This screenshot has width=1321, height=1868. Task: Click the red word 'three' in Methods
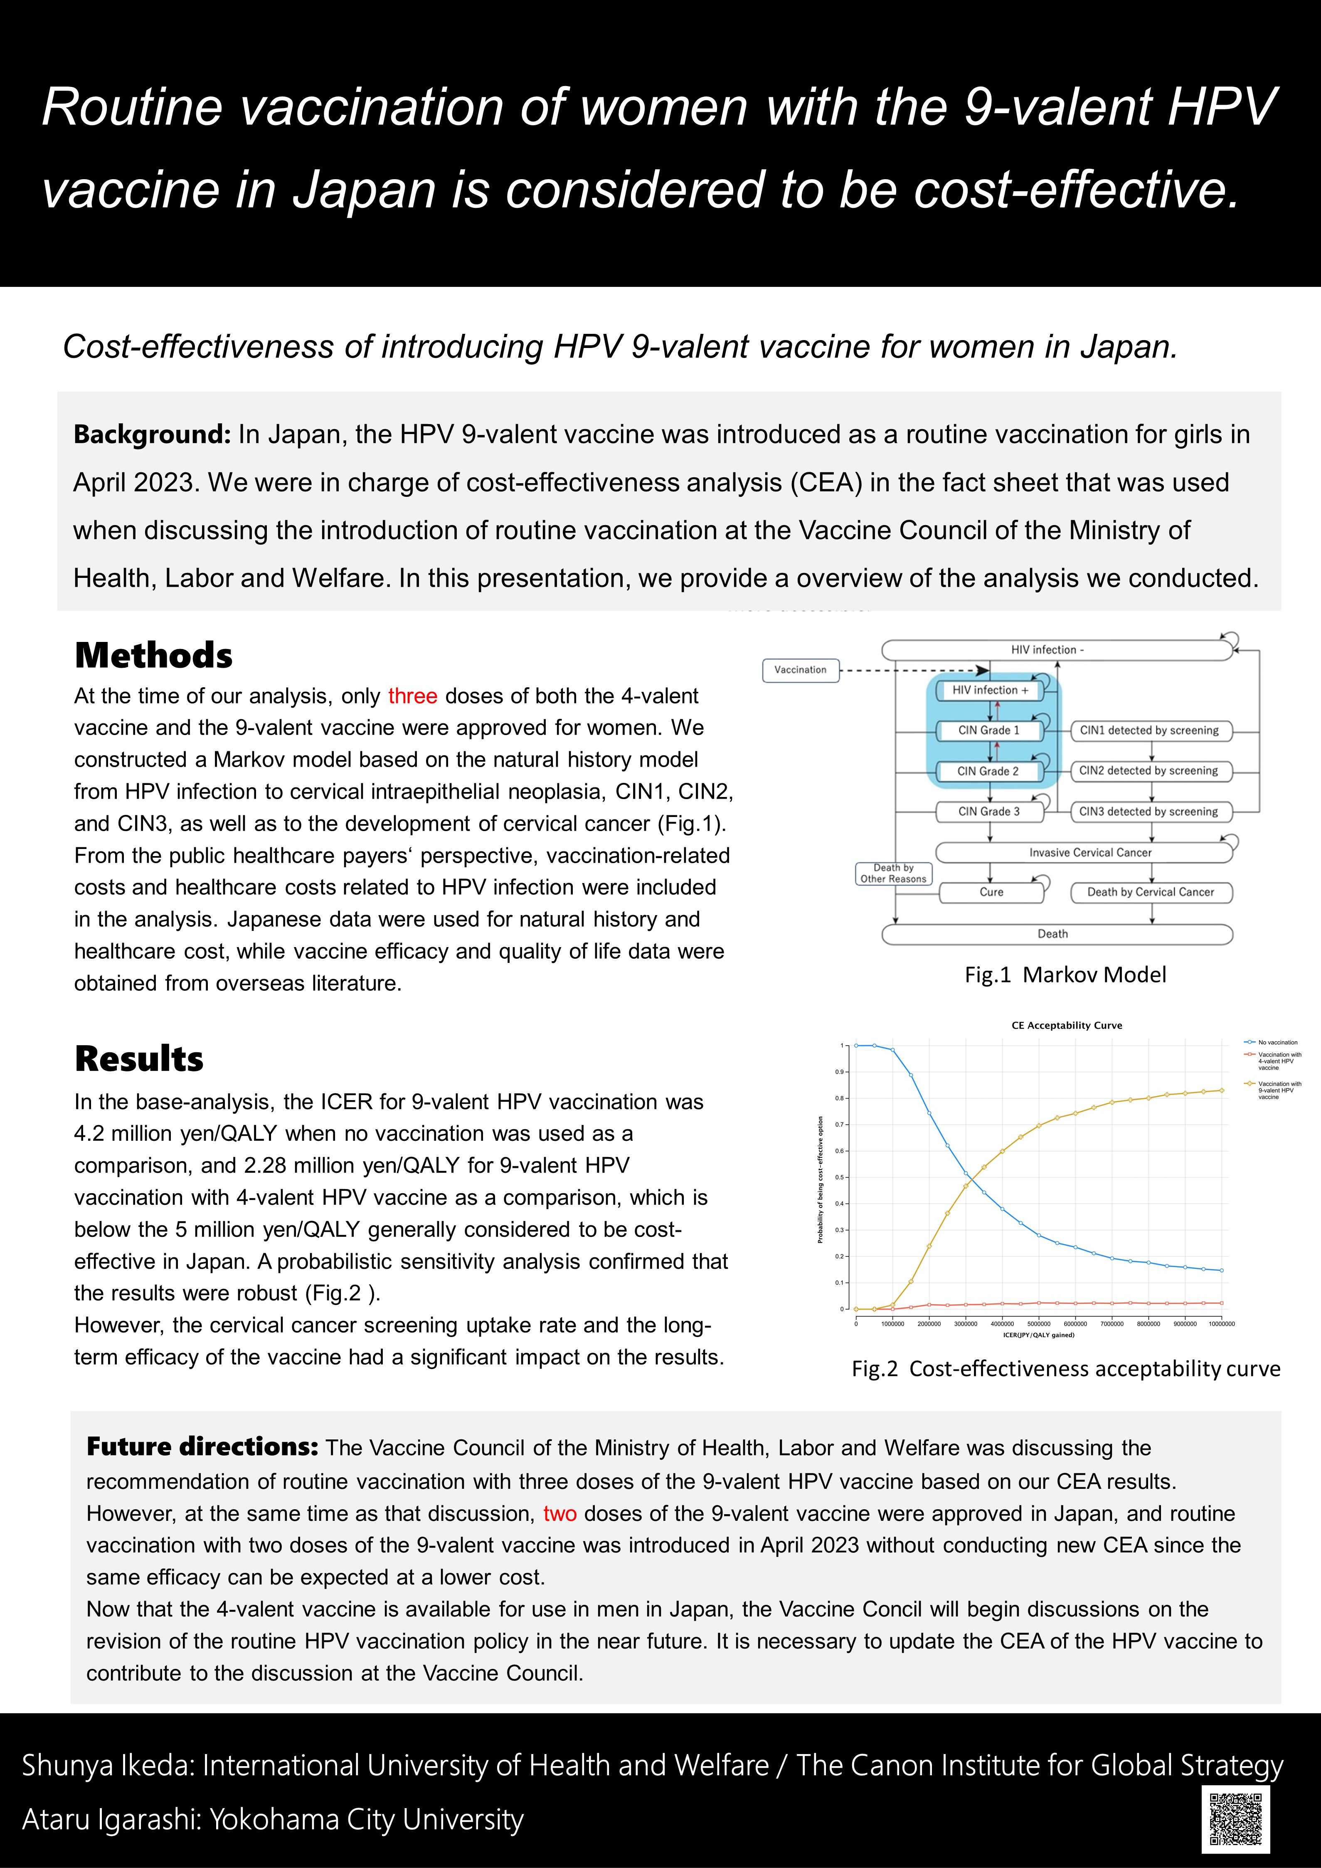tap(412, 696)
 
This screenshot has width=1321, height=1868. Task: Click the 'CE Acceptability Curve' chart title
tap(1066, 1025)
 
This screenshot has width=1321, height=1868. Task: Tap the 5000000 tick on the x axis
tap(1039, 1324)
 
